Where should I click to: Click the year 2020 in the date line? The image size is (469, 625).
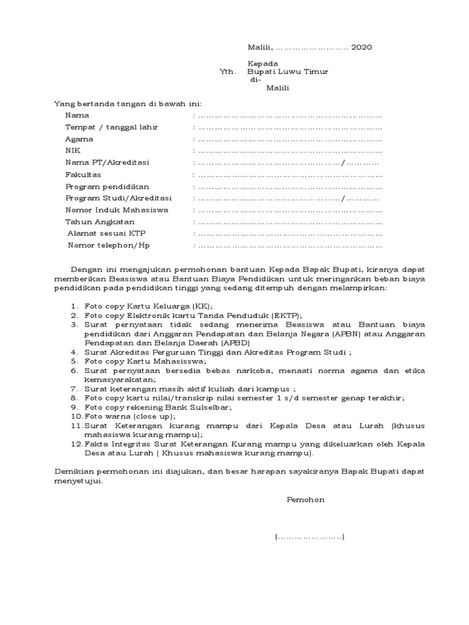pos(362,47)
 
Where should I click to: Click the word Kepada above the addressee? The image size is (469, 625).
pos(263,63)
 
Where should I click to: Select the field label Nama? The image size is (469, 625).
pos(77,115)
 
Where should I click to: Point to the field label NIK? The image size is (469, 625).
pos(73,151)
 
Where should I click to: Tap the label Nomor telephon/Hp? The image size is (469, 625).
pos(108,245)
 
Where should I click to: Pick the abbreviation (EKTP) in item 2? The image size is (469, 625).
pos(286,315)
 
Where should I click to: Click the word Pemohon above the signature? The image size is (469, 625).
pos(306,500)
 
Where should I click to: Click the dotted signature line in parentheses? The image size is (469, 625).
pos(310,537)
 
